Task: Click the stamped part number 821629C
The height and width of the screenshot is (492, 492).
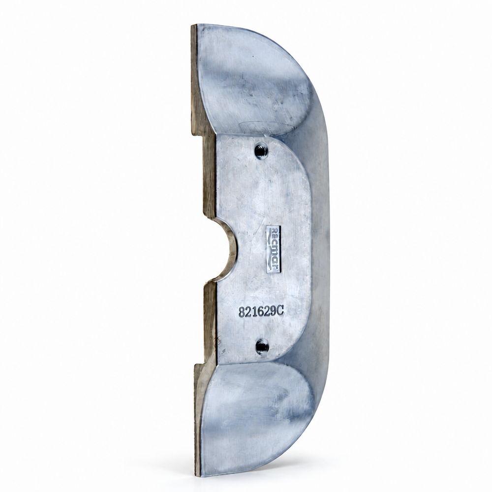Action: [x=261, y=311]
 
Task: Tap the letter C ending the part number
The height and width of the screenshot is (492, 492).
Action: [x=280, y=311]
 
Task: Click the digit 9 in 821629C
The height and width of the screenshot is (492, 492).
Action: [x=274, y=311]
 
